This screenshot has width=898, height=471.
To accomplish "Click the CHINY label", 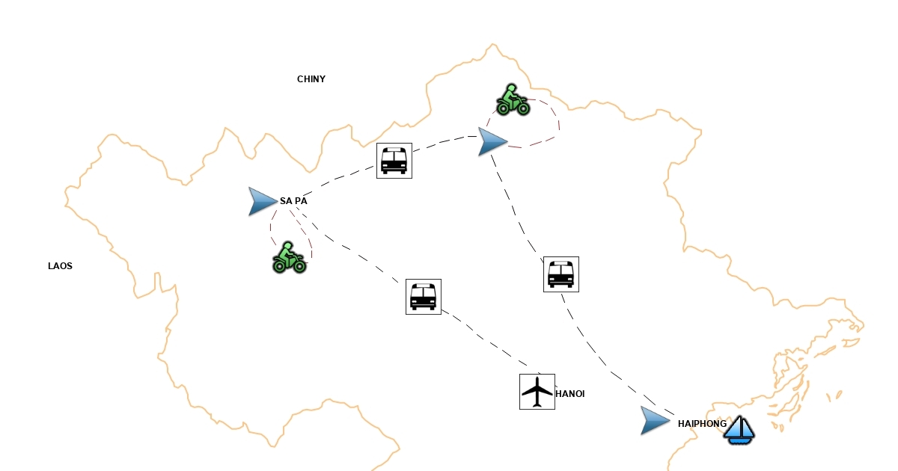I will coord(311,79).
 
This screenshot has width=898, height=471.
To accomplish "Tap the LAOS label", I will coord(60,266).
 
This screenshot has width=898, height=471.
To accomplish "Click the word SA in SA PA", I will coord(286,201).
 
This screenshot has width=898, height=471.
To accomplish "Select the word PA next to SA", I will coord(301,201).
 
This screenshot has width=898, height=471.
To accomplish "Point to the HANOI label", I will coord(569,394).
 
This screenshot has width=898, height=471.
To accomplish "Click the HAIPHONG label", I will coord(702,424).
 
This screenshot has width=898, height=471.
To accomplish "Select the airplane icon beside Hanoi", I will coord(537,391).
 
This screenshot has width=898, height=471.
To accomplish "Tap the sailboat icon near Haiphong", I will coord(739,430).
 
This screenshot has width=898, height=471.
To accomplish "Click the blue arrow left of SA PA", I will coord(262,201).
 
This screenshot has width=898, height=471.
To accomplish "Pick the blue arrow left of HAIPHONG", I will coord(655,421).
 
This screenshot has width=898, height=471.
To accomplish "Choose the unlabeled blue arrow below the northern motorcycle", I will coord(492,141).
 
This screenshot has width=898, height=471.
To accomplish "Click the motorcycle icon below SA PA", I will coord(289,257).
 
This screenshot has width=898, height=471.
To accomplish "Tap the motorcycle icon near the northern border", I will coord(513,99).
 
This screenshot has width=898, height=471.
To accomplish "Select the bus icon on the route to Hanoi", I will coord(424,296).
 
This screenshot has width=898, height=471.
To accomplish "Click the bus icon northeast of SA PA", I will coord(394,160).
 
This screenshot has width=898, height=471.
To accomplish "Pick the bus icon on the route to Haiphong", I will coord(561,274).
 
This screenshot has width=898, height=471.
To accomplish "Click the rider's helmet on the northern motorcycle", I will coord(510,87).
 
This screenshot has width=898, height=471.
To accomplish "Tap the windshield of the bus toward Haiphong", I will coord(561,270).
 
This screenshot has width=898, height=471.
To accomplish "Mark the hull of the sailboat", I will coord(739,440).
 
